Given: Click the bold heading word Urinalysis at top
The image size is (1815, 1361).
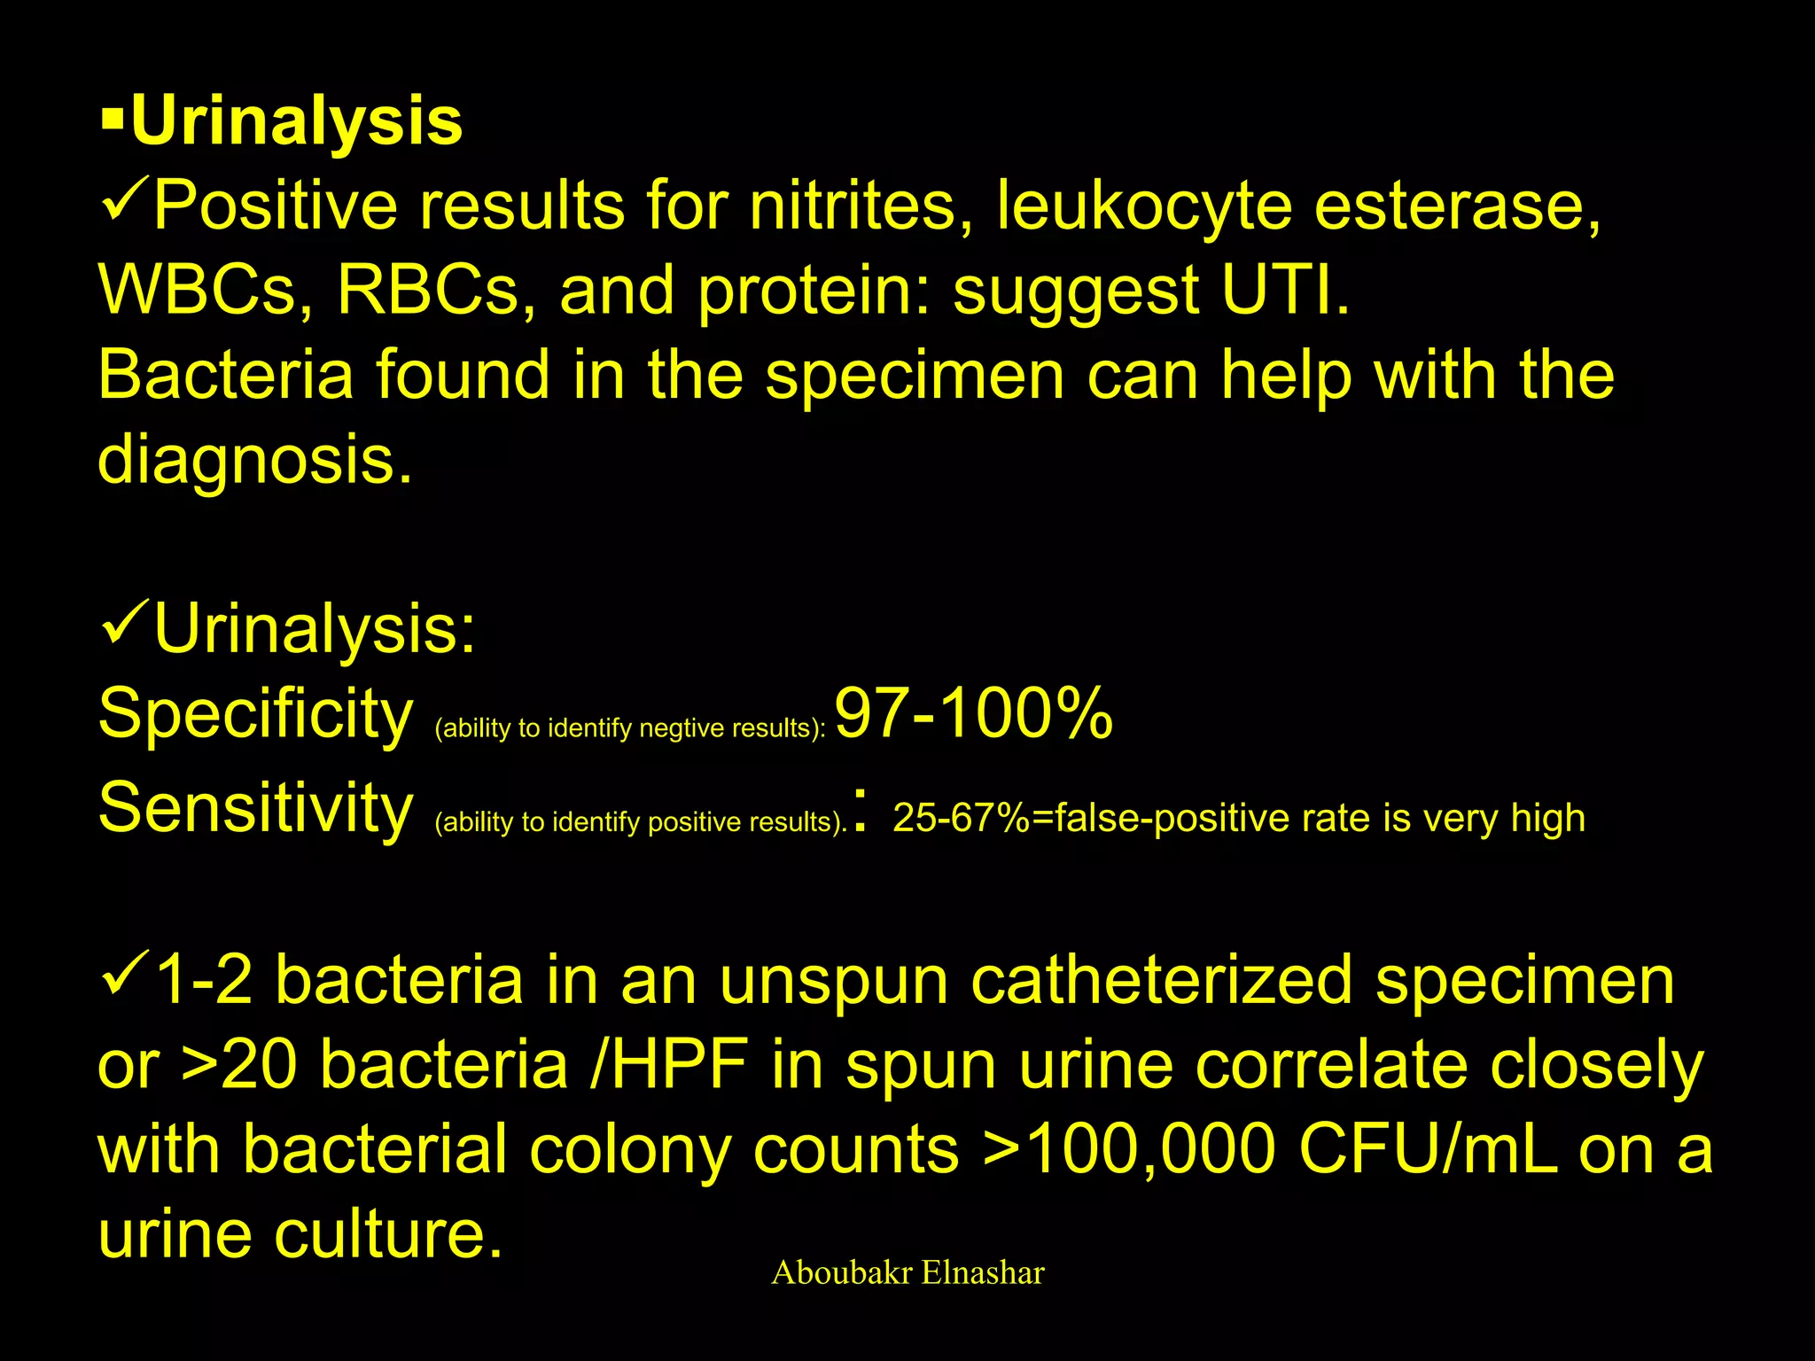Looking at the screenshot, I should click(297, 122).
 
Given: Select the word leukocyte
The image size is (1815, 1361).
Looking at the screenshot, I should click(1143, 206).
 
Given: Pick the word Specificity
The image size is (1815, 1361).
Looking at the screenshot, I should click(255, 714).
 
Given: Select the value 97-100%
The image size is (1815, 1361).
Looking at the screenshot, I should click(973, 714).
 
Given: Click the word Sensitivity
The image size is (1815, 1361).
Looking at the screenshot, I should click(255, 808).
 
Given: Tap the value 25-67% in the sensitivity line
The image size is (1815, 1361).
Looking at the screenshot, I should click(961, 818).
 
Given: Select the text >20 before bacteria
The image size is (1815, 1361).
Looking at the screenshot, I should click(239, 1065).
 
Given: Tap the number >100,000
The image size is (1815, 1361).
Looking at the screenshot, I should click(1129, 1150).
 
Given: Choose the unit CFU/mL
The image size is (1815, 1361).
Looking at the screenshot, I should click(1427, 1150).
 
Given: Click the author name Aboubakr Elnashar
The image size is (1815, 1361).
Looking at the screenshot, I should click(907, 1273).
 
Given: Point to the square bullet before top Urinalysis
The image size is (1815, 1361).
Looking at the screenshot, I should click(112, 121).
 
